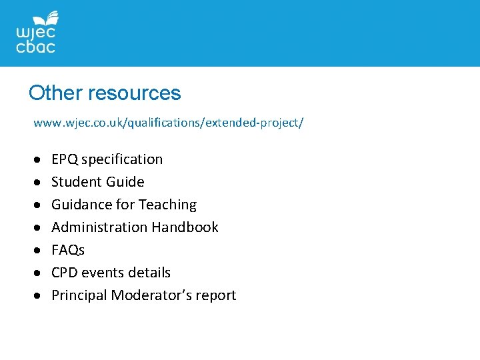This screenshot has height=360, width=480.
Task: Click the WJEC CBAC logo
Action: click(36, 33)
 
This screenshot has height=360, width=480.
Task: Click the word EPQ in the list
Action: click(64, 159)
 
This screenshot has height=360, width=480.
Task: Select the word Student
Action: click(74, 182)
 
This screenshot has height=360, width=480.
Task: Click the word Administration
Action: click(99, 227)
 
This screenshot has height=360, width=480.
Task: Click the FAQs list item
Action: click(68, 250)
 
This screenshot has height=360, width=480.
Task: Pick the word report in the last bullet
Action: click(215, 295)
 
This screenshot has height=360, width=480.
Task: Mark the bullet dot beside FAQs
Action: click(39, 251)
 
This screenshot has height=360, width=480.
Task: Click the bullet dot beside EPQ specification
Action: click(39, 160)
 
